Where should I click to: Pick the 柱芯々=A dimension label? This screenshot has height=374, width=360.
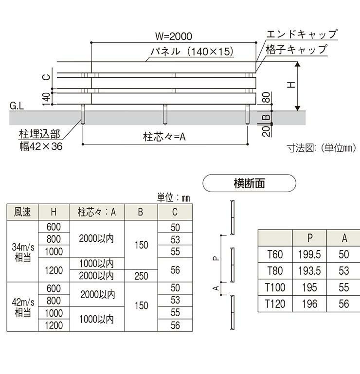coord(165,137)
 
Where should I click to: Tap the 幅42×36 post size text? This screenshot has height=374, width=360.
coord(40,145)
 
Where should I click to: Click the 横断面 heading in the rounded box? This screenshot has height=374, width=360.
coord(249,183)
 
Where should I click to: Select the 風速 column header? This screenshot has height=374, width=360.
coord(23,212)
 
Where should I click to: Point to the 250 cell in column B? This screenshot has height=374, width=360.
coord(141,276)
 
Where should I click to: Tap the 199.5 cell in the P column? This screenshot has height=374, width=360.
coord(309,254)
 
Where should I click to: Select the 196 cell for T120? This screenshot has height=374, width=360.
coord(309,304)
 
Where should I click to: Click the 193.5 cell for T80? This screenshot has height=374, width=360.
coord(309,271)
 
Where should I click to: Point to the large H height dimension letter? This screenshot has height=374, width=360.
coord(290,84)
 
